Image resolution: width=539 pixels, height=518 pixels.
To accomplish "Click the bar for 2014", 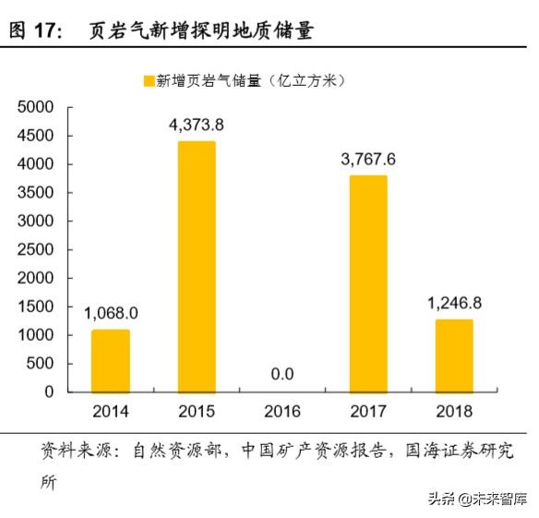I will pos(111,361).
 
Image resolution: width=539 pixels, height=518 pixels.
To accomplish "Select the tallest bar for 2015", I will pos(196,267).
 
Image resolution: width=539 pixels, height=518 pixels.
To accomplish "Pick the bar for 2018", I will pos(453,355).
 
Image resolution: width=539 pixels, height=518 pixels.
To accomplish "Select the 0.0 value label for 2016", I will pos(281,374).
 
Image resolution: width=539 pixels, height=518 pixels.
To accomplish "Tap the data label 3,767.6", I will pos(367,161).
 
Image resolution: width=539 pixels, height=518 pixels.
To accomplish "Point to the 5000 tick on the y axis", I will pos(38,107).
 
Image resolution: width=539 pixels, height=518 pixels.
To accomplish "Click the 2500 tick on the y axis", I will pos(38,249).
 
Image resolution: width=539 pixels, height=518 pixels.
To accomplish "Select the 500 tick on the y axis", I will pos(42,364).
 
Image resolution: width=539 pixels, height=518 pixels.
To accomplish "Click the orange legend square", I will pos(148,81).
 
